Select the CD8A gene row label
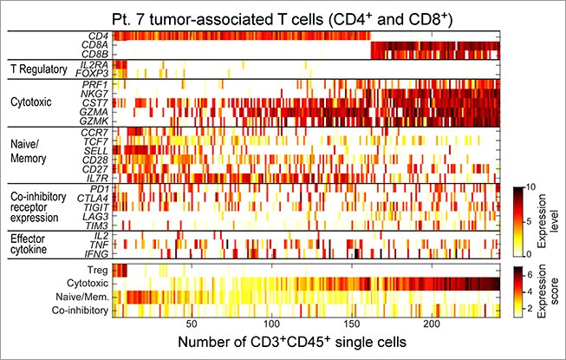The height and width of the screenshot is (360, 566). (98, 44)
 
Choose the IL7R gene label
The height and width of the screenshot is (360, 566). (98, 177)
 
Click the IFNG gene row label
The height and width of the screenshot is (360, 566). (98, 254)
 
